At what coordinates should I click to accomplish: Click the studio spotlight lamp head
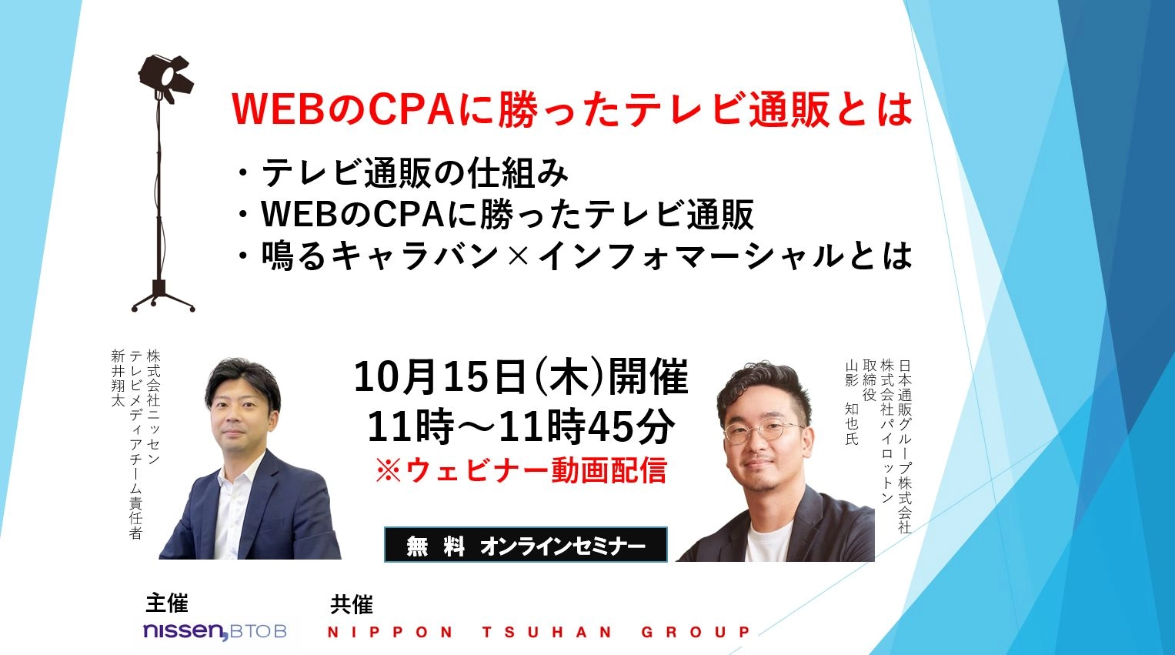[x=165, y=77]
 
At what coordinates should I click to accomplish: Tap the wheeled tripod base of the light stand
[x=163, y=299]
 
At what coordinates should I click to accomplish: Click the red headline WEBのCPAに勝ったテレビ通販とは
[x=572, y=109]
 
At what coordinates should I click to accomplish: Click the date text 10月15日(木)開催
[x=521, y=376]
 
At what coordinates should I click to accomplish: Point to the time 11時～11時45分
[x=521, y=426]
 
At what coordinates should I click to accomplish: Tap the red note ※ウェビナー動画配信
[x=521, y=470]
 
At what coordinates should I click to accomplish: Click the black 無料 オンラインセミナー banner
[x=526, y=545]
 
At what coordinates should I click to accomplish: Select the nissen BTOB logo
[x=215, y=631]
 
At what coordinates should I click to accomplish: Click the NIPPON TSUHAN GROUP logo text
[x=539, y=632]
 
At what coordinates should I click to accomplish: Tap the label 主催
[x=167, y=603]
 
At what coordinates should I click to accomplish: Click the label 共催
[x=352, y=605]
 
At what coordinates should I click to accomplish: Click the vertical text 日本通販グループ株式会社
[x=905, y=446]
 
